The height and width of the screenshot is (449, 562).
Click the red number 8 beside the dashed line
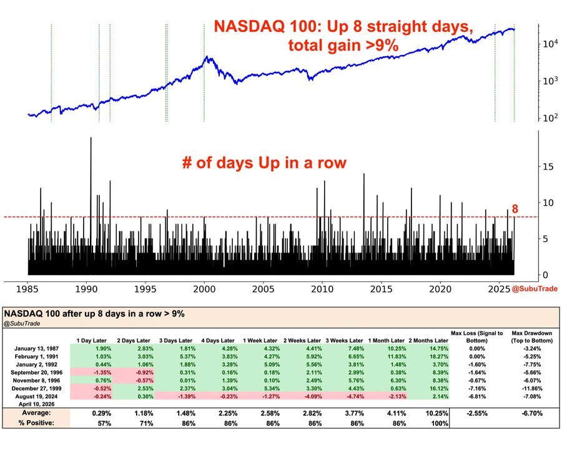515,210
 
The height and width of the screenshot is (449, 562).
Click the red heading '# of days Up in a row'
264,163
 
